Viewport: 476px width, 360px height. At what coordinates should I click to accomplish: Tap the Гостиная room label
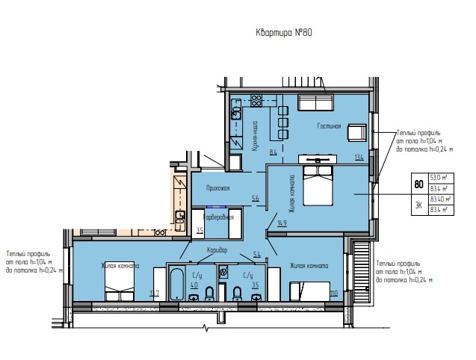[x=329, y=126]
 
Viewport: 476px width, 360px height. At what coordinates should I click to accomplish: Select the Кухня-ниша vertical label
[x=255, y=136]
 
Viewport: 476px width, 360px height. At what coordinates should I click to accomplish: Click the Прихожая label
[x=218, y=188]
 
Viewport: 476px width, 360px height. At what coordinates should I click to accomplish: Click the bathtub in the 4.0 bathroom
[x=178, y=285]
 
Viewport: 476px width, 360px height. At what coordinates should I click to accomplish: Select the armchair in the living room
[x=356, y=132]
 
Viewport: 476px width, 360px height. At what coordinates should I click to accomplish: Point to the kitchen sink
[x=235, y=113]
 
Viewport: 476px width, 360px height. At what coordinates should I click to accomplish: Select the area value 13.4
[x=359, y=158]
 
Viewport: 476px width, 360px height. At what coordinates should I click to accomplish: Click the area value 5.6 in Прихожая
[x=256, y=198]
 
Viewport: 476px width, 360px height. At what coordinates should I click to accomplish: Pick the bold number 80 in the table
[x=418, y=184]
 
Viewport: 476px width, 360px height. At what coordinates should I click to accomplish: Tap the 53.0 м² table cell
[x=439, y=178]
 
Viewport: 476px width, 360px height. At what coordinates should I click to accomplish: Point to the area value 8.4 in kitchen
[x=253, y=153]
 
